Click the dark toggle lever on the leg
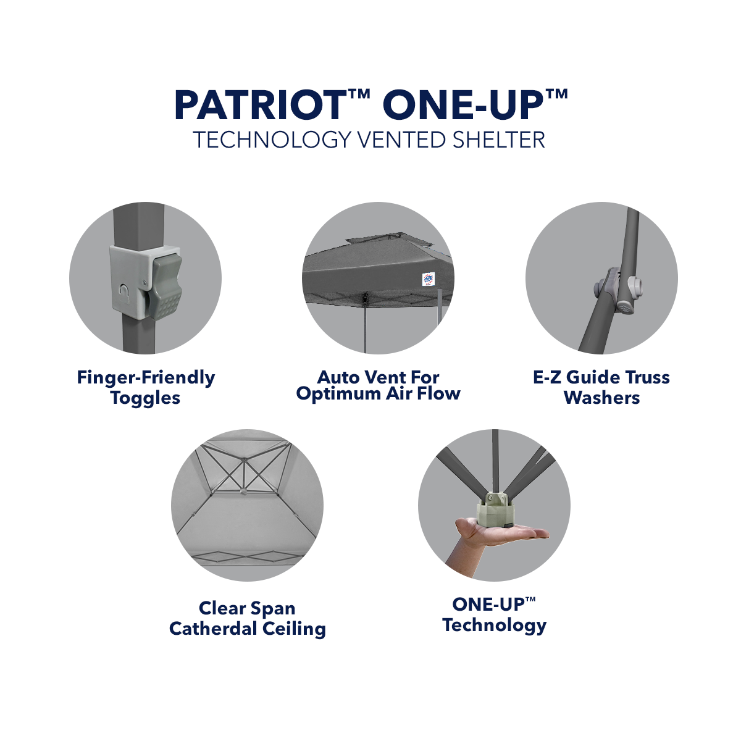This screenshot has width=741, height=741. click(x=165, y=285)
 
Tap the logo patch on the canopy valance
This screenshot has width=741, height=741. click(x=429, y=279)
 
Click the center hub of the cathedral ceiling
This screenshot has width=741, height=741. click(x=245, y=461)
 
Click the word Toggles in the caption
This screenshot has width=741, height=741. click(x=146, y=398)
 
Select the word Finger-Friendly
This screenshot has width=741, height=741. click(x=146, y=377)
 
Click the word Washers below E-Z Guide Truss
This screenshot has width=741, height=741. click(x=601, y=398)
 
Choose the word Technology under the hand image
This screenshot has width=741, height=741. click(x=494, y=625)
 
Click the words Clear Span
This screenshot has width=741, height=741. click(x=247, y=608)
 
